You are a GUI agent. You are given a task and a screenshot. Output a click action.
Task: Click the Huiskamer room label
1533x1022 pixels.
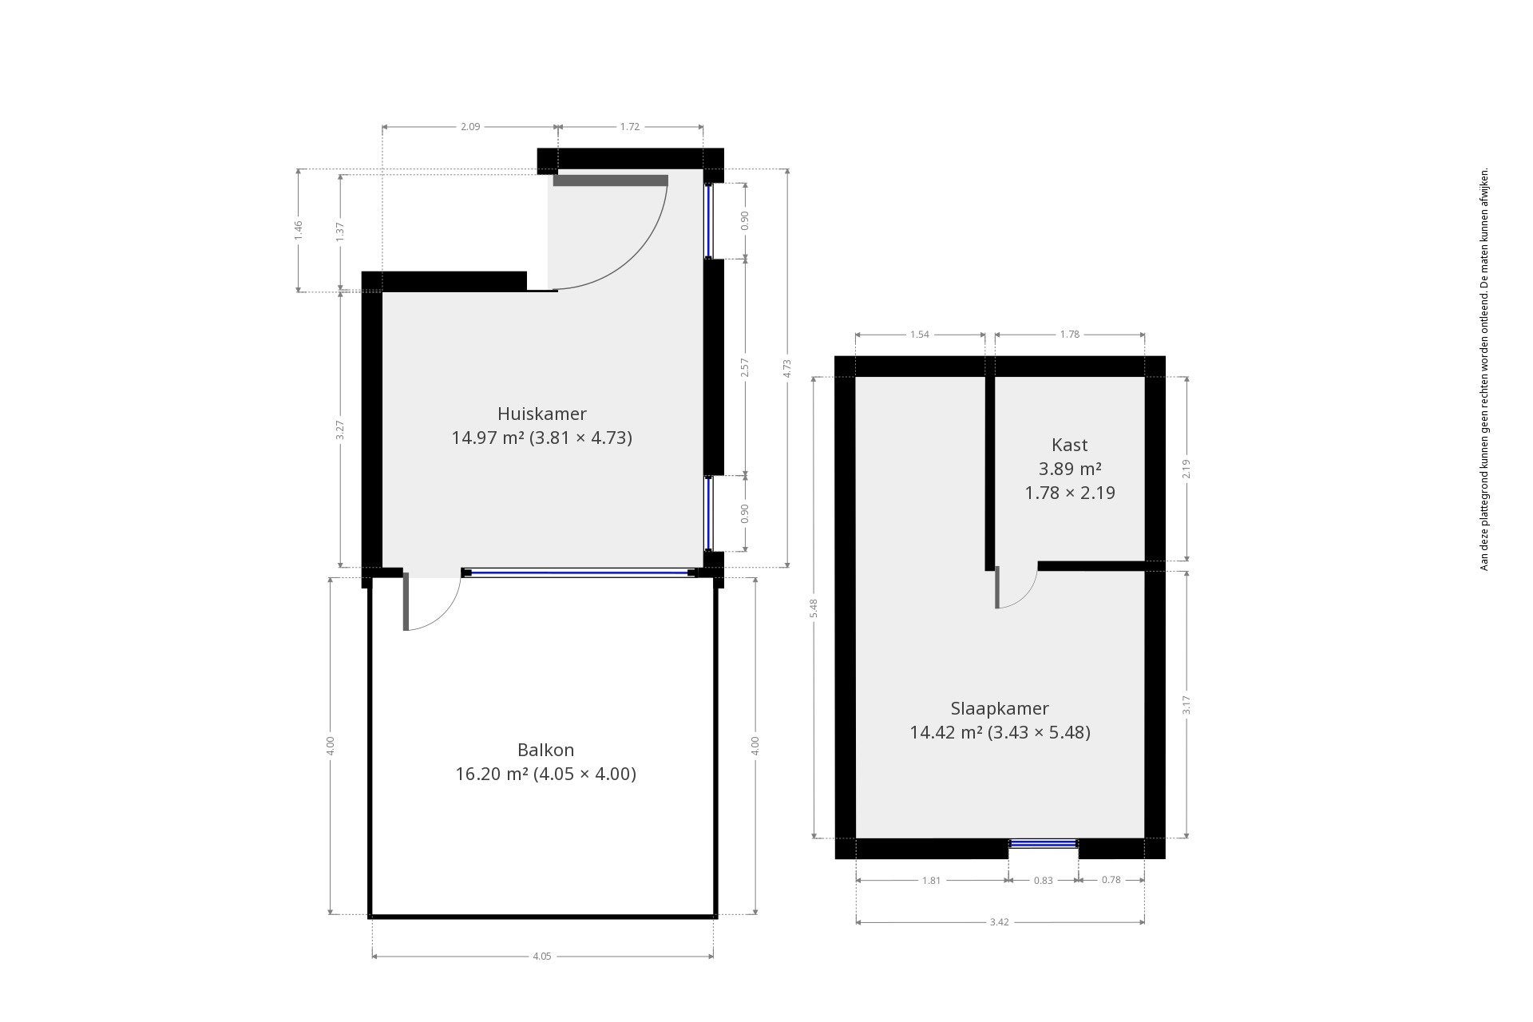click(x=541, y=414)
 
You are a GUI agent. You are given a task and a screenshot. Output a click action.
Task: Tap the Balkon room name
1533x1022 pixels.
click(x=545, y=750)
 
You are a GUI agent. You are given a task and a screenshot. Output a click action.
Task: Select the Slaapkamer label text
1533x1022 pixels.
click(x=1000, y=708)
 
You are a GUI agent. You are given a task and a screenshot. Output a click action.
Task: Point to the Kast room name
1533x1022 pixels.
click(x=1070, y=445)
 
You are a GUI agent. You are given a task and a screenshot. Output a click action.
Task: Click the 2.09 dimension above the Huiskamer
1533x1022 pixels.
click(x=470, y=126)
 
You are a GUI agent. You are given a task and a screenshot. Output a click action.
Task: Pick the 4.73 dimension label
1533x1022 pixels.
click(x=787, y=368)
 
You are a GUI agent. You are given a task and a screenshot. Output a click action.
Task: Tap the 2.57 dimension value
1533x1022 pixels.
click(x=745, y=367)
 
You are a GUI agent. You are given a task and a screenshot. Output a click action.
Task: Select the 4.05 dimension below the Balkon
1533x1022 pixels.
click(x=541, y=956)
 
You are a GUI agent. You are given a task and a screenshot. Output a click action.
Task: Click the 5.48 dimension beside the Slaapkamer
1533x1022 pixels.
click(x=814, y=608)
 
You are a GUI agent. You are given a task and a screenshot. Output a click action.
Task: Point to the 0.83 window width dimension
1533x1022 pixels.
click(x=1044, y=880)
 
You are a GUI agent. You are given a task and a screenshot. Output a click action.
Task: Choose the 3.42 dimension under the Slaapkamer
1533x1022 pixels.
click(x=1000, y=922)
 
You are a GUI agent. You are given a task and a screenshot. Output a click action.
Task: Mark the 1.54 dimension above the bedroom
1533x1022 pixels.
click(x=920, y=335)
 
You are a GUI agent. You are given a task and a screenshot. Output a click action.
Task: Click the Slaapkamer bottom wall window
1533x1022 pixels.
click(x=1044, y=843)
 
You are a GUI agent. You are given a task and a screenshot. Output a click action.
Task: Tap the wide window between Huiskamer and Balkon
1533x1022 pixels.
click(x=580, y=572)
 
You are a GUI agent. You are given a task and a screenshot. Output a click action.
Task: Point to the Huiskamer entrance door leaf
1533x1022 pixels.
click(x=611, y=180)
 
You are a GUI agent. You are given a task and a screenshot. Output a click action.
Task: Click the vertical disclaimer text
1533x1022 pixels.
click(x=1484, y=370)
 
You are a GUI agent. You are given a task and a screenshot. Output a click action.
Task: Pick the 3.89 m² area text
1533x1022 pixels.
click(x=1070, y=469)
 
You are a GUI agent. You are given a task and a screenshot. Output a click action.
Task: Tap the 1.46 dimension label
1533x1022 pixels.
click(x=299, y=230)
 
